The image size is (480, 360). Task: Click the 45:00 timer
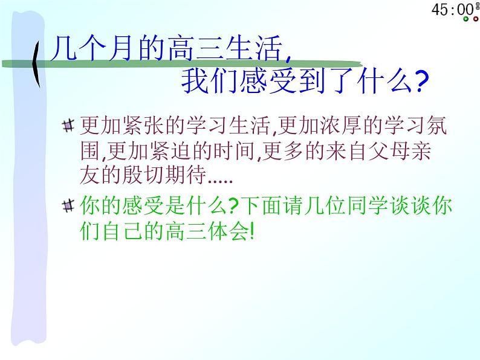coord(453,10)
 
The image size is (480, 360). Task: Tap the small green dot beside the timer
coord(466,19)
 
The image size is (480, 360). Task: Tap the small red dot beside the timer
coord(475,19)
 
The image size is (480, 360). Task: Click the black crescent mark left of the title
coord(36,63)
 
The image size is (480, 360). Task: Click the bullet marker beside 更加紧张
coord(68,126)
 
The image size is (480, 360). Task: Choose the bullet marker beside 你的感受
coord(68,205)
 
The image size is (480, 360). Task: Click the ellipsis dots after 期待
coord(220,181)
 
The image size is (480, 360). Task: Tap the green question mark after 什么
coord(233,205)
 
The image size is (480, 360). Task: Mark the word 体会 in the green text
coord(228,231)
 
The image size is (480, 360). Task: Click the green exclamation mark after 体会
coord(252,231)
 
